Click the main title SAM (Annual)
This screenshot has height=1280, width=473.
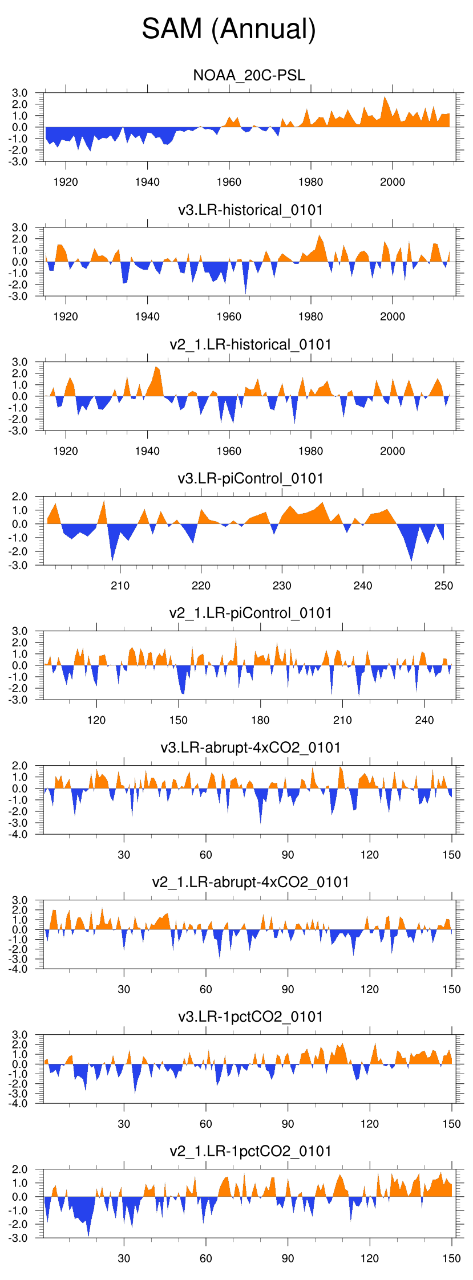point(229,29)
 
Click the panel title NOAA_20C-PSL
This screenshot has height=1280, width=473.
point(249,75)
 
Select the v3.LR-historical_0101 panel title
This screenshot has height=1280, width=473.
point(250,210)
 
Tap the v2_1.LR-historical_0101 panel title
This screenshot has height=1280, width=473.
point(250,344)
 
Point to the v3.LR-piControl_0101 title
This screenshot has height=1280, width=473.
point(250,478)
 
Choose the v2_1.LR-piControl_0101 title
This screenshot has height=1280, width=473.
point(250,613)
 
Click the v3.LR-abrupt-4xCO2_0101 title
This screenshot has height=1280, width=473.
point(250,747)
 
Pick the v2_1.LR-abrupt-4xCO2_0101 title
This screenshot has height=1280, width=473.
point(250,882)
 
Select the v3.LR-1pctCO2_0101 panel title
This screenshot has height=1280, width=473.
point(250,1017)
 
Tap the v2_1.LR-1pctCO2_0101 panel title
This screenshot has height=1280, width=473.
point(250,1151)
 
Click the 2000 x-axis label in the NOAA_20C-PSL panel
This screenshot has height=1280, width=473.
point(393,182)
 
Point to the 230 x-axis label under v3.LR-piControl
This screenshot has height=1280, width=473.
point(282,586)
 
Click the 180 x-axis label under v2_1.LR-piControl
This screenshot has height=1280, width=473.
point(260,720)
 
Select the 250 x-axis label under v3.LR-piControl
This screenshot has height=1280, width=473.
point(444,586)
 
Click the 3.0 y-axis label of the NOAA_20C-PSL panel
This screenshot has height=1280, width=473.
point(20,93)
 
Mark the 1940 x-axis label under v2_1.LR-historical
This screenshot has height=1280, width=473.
point(147,451)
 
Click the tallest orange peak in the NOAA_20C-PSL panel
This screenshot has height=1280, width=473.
point(385,98)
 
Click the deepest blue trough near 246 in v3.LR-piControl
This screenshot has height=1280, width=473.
point(411,559)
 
